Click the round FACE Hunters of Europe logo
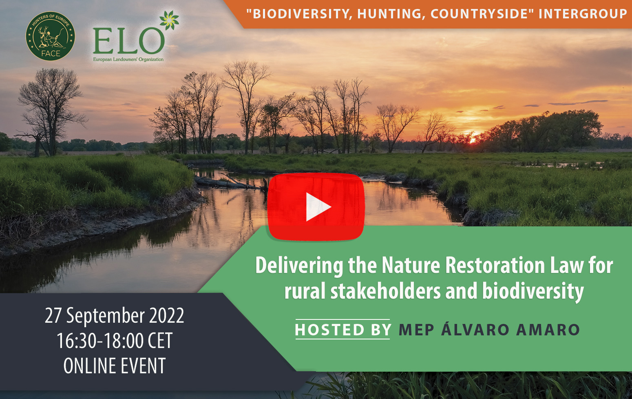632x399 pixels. click(50, 36)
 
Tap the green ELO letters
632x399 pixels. click(129, 41)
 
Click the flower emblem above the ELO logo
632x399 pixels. click(169, 20)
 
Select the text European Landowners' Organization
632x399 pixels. click(128, 60)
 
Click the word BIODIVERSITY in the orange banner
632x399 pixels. click(300, 14)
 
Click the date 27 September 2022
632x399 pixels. click(114, 316)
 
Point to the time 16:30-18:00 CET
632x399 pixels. click(115, 341)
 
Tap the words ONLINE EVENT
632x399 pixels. click(115, 366)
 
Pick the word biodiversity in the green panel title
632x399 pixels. click(533, 292)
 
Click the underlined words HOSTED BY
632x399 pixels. click(343, 330)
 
